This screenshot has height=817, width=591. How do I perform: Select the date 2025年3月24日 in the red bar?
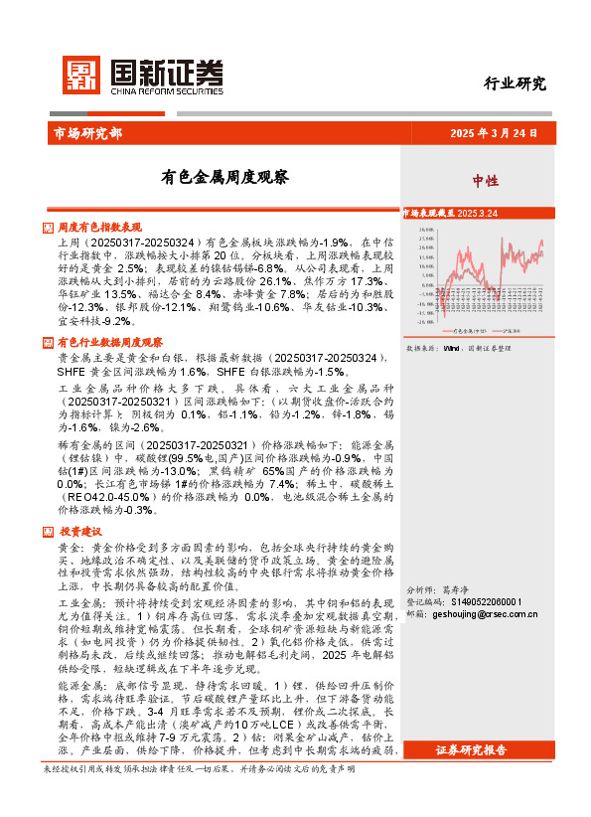click(493, 132)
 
